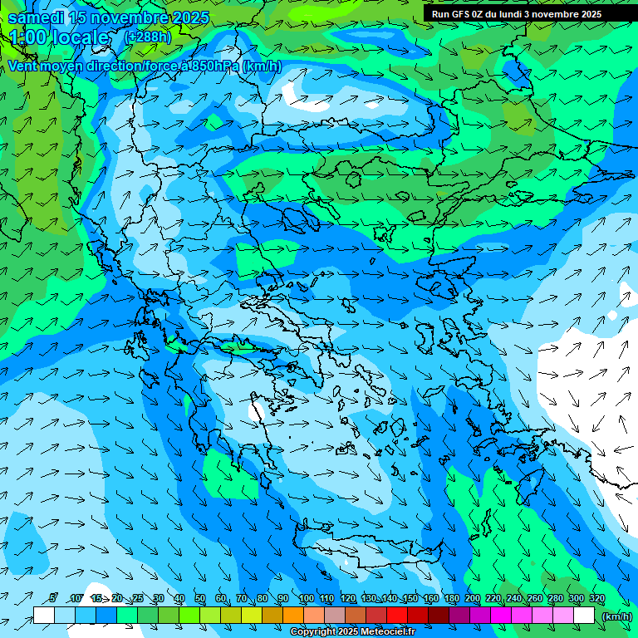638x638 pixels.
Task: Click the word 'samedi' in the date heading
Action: pyautogui.click(x=36, y=17)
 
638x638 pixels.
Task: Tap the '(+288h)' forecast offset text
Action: pyautogui.click(x=148, y=37)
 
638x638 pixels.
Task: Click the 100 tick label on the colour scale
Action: pyautogui.click(x=306, y=599)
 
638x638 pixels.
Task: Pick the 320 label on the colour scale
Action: pyautogui.click(x=596, y=599)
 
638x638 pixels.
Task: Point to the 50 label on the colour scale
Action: pyautogui.click(x=200, y=599)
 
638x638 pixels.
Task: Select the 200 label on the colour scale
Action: pyautogui.click(x=472, y=599)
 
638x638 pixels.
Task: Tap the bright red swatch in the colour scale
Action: pyautogui.click(x=397, y=616)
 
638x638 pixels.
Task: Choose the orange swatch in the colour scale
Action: pyautogui.click(x=293, y=616)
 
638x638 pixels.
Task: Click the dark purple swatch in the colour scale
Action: pyautogui.click(x=459, y=616)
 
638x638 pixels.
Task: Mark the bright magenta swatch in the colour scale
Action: pyautogui.click(x=501, y=616)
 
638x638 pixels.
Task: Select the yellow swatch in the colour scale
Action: pyautogui.click(x=231, y=616)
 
